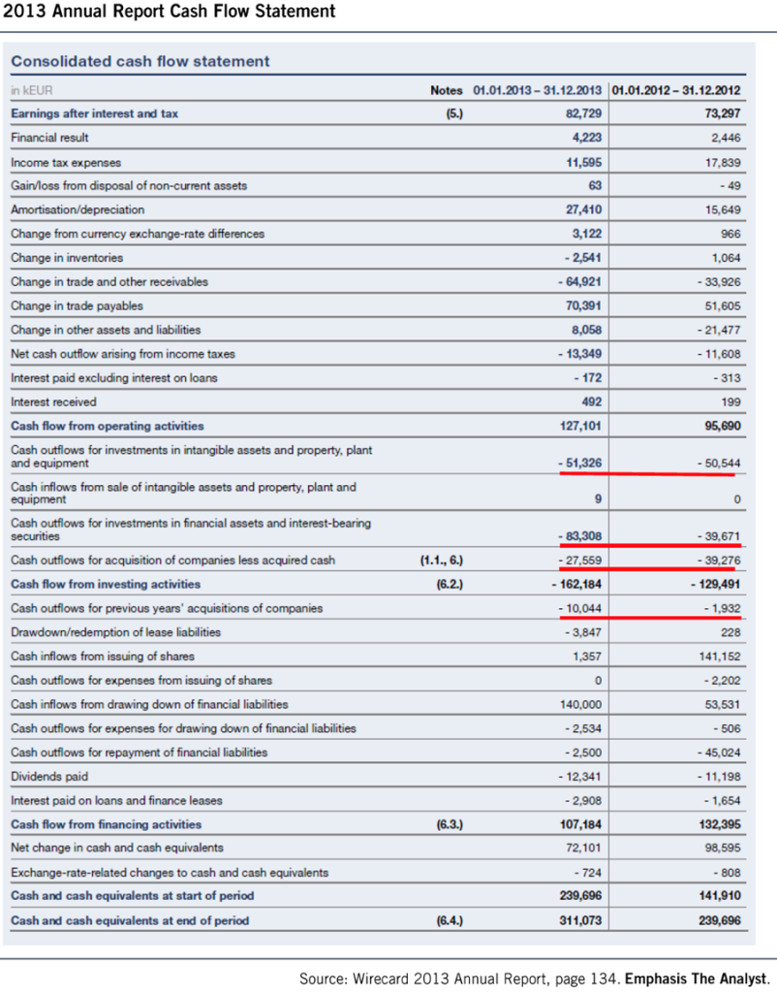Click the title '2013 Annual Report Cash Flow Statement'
(x=169, y=12)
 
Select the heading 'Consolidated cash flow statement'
(x=140, y=61)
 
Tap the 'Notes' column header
(x=446, y=90)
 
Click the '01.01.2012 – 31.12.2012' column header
(x=676, y=90)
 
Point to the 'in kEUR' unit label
(x=32, y=90)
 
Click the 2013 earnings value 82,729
(x=583, y=114)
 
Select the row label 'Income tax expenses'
(x=66, y=163)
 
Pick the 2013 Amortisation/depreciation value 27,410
(x=583, y=209)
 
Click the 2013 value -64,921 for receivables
(x=579, y=282)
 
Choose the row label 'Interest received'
(x=54, y=402)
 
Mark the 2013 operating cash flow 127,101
(x=580, y=427)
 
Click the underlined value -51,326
(x=579, y=463)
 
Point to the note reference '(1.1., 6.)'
(x=442, y=561)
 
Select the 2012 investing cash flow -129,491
(x=715, y=585)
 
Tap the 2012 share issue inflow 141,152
(x=721, y=657)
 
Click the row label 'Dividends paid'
(x=49, y=777)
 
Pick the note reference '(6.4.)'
(x=450, y=921)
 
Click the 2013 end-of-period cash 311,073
(x=580, y=921)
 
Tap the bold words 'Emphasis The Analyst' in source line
(x=696, y=979)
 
